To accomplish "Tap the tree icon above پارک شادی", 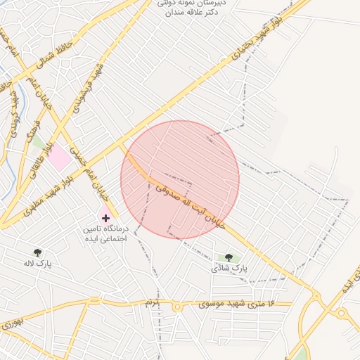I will [228, 257].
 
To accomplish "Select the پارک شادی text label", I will [230, 269].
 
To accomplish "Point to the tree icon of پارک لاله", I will [37, 252].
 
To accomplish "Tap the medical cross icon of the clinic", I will [105, 218].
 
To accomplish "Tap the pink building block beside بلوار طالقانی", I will [60, 156].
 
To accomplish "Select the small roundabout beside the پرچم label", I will [177, 306].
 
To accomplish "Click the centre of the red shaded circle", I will [180, 179].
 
